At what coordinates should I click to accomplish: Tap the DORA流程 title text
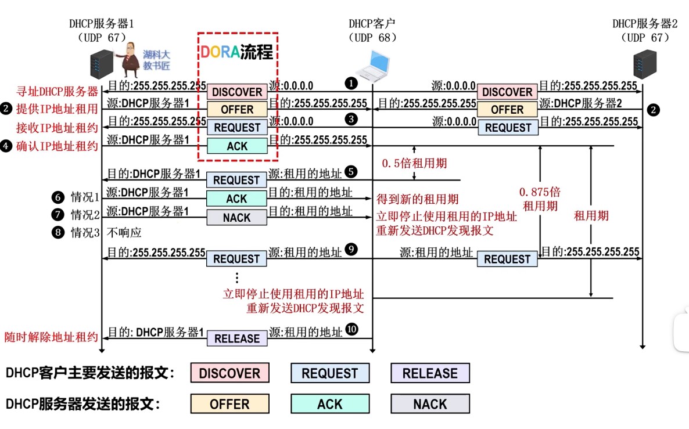237,52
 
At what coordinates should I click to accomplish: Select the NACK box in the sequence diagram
236,218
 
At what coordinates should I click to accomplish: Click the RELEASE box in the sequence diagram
237,338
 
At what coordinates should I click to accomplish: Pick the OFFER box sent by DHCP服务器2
507,110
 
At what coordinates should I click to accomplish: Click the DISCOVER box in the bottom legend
229,373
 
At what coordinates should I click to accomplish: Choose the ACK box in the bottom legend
330,404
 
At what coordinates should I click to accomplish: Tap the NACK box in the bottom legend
430,404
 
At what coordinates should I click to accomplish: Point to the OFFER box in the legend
229,404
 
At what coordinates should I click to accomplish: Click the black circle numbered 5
350,171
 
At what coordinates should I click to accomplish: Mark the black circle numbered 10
351,329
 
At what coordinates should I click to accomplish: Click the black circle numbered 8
57,233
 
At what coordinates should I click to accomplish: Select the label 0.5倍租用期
414,164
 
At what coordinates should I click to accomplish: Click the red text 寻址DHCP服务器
58,91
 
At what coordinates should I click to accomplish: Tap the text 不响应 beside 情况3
124,233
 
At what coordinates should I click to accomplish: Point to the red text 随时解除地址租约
51,337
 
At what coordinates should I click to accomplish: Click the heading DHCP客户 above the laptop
372,24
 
